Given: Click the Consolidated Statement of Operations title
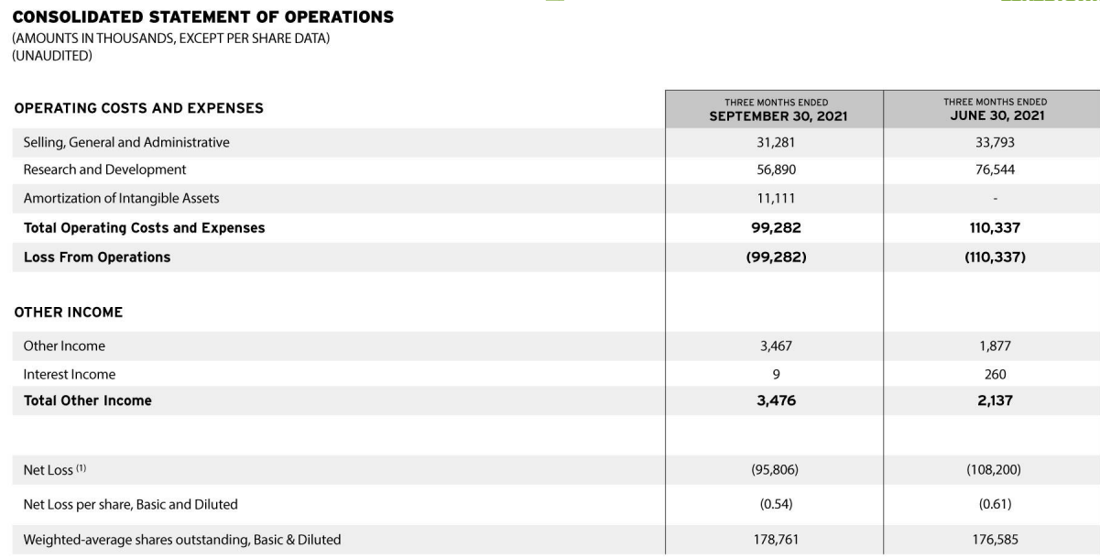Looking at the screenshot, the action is tap(204, 17).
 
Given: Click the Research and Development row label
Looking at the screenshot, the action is tap(104, 170).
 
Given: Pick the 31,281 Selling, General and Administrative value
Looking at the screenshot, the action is tap(774, 142).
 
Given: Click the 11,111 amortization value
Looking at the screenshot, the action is tap(774, 198).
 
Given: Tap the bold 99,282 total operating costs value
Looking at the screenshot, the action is tap(774, 228).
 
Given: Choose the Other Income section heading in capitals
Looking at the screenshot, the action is tap(69, 312).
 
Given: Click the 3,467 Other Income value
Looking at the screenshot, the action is tap(774, 346).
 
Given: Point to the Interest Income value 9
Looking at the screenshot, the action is tap(774, 374).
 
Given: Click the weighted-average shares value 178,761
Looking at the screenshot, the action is tap(774, 540).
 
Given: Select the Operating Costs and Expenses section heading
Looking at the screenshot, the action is tap(138, 108).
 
